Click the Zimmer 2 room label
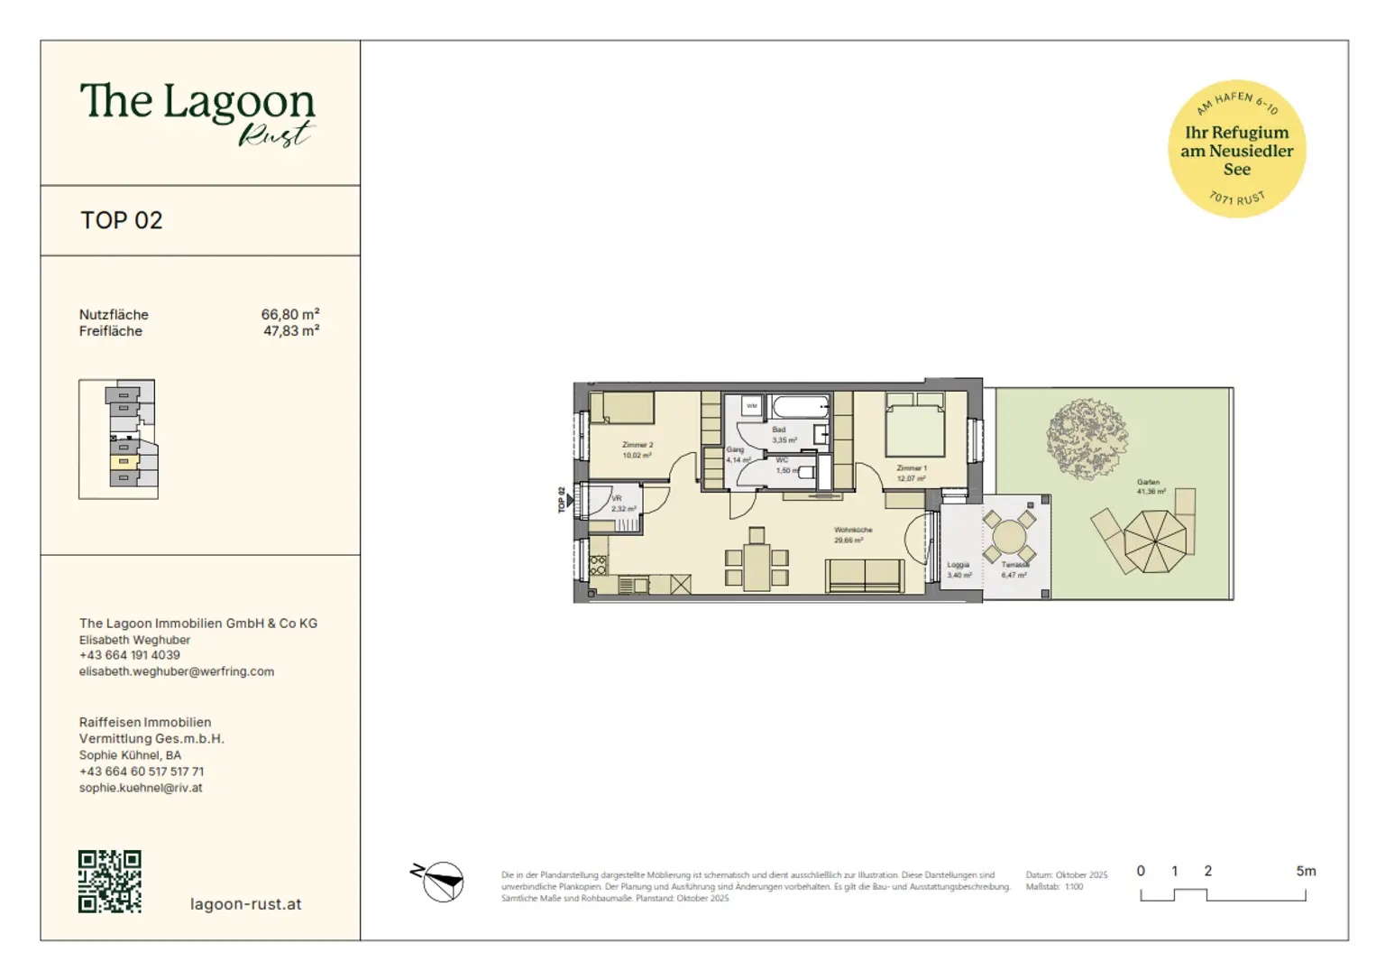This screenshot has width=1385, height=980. [637, 449]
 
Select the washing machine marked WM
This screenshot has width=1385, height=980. [751, 406]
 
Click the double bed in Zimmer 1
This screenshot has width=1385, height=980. [914, 428]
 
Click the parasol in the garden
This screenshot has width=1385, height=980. [1155, 541]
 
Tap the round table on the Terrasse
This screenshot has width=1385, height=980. [1009, 540]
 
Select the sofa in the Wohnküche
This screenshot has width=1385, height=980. [865, 576]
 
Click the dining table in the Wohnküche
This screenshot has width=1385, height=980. [757, 567]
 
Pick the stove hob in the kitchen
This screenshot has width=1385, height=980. [598, 566]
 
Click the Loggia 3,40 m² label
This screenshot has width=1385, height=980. [958, 569]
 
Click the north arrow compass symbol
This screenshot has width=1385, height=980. [439, 881]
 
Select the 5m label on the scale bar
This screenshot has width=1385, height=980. [1306, 871]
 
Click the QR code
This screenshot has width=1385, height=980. [109, 882]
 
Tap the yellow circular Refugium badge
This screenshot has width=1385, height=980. [1236, 149]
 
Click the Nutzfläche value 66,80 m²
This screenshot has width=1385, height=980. [289, 314]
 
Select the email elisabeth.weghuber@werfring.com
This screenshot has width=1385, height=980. [177, 671]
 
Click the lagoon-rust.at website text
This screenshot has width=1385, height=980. [245, 904]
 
